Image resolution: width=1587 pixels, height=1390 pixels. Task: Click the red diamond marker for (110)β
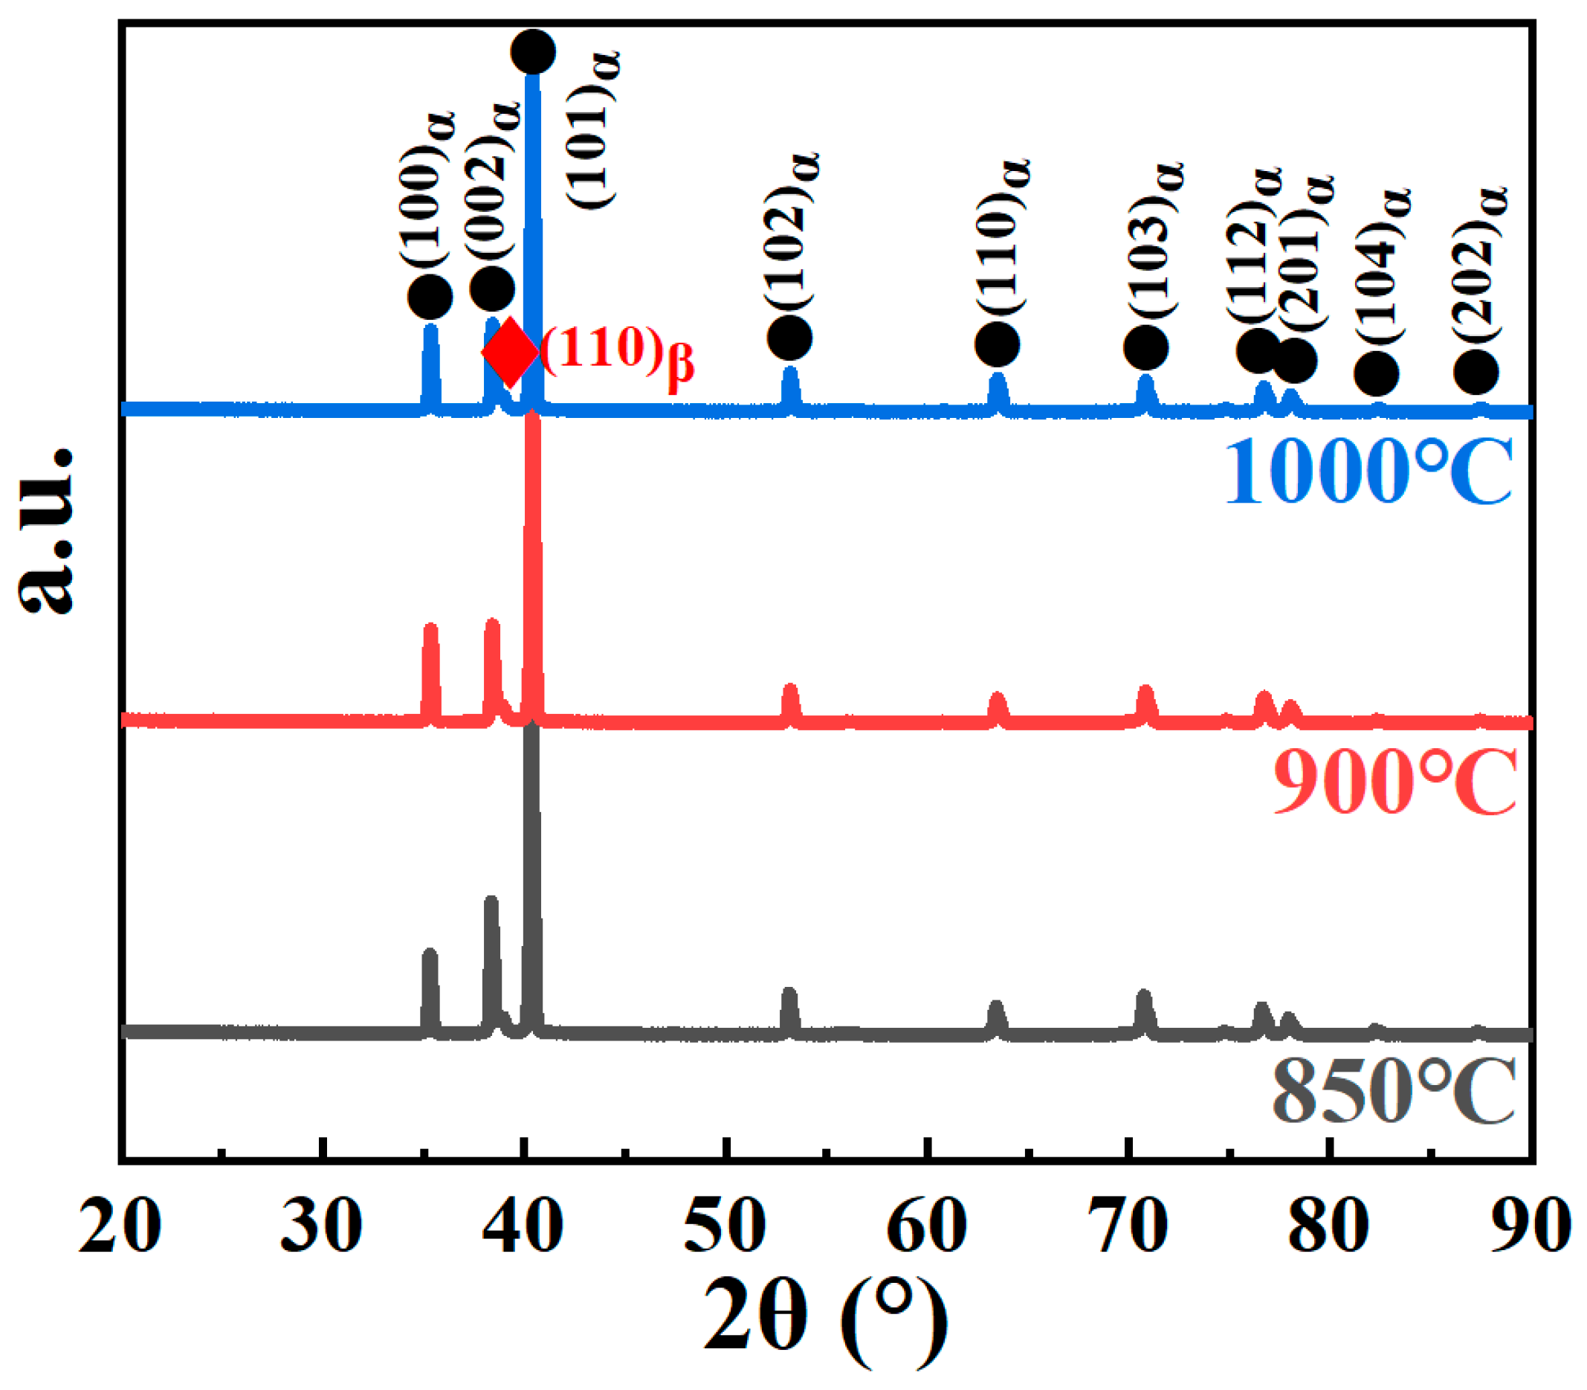click(509, 353)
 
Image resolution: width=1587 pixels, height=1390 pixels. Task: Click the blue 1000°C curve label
click(1368, 471)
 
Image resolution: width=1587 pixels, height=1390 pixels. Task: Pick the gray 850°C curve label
click(1393, 1092)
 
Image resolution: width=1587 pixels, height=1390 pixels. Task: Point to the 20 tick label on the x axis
click(120, 1226)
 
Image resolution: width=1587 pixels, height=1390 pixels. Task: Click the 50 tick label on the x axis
click(725, 1226)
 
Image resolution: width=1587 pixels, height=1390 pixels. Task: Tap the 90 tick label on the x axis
click(1531, 1226)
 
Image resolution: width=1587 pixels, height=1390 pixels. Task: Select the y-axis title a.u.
click(47, 531)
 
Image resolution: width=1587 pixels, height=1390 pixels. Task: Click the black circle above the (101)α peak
click(533, 52)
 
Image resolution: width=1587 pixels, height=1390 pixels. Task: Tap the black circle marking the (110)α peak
click(997, 344)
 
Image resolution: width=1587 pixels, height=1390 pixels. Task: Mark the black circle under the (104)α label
click(1376, 374)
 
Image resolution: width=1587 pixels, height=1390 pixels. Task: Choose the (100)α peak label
click(426, 190)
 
